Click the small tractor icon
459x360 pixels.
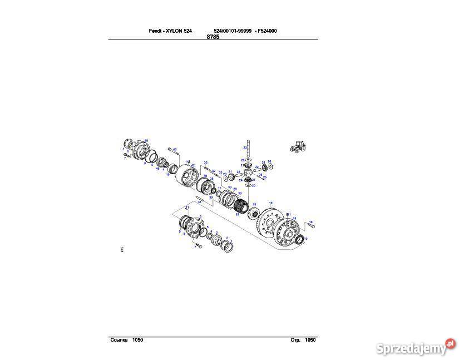[298, 146]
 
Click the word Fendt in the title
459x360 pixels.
[156, 31]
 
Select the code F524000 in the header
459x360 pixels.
[265, 31]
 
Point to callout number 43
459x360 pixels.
[175, 149]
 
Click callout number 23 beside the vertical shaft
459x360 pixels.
[244, 147]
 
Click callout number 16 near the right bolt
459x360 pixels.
[310, 222]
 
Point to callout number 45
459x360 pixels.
[146, 140]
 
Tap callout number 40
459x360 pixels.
[205, 176]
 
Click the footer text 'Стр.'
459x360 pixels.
[295, 339]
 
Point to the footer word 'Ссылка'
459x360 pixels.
[119, 339]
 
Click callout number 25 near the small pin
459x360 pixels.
[265, 177]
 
